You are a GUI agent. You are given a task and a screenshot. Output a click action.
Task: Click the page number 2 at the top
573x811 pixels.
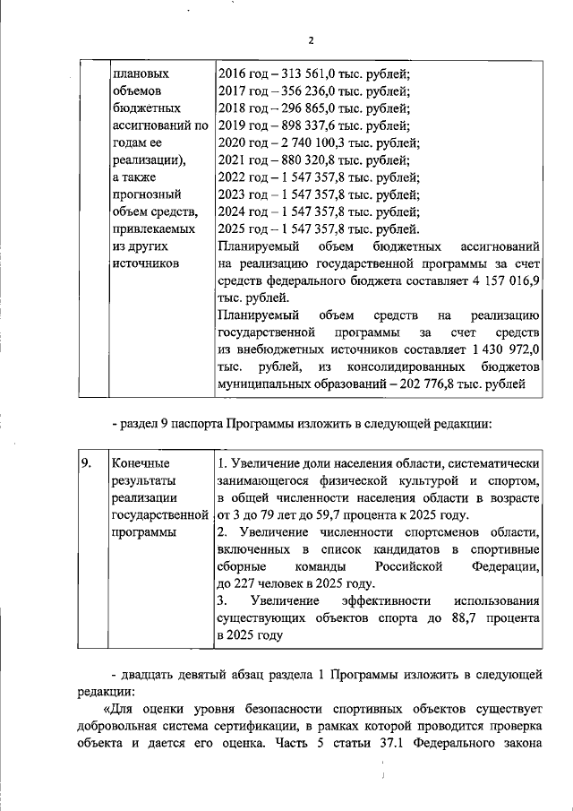click(x=310, y=40)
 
